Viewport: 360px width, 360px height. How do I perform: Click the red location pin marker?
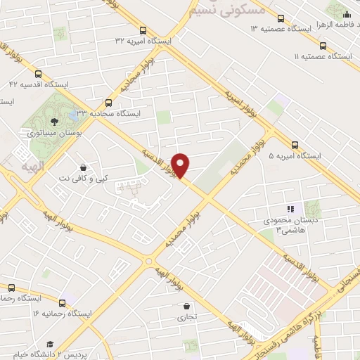[x=181, y=165]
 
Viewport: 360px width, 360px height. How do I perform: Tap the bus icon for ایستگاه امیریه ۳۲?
[x=143, y=30]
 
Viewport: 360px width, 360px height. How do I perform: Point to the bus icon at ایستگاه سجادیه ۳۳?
[x=108, y=102]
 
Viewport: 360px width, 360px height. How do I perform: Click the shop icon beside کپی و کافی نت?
[x=84, y=168]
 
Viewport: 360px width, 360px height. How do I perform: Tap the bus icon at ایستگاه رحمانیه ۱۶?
[x=62, y=303]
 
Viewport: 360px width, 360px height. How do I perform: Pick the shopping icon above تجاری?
[x=186, y=307]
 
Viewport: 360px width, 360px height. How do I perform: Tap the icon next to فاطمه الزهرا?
[x=346, y=12]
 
